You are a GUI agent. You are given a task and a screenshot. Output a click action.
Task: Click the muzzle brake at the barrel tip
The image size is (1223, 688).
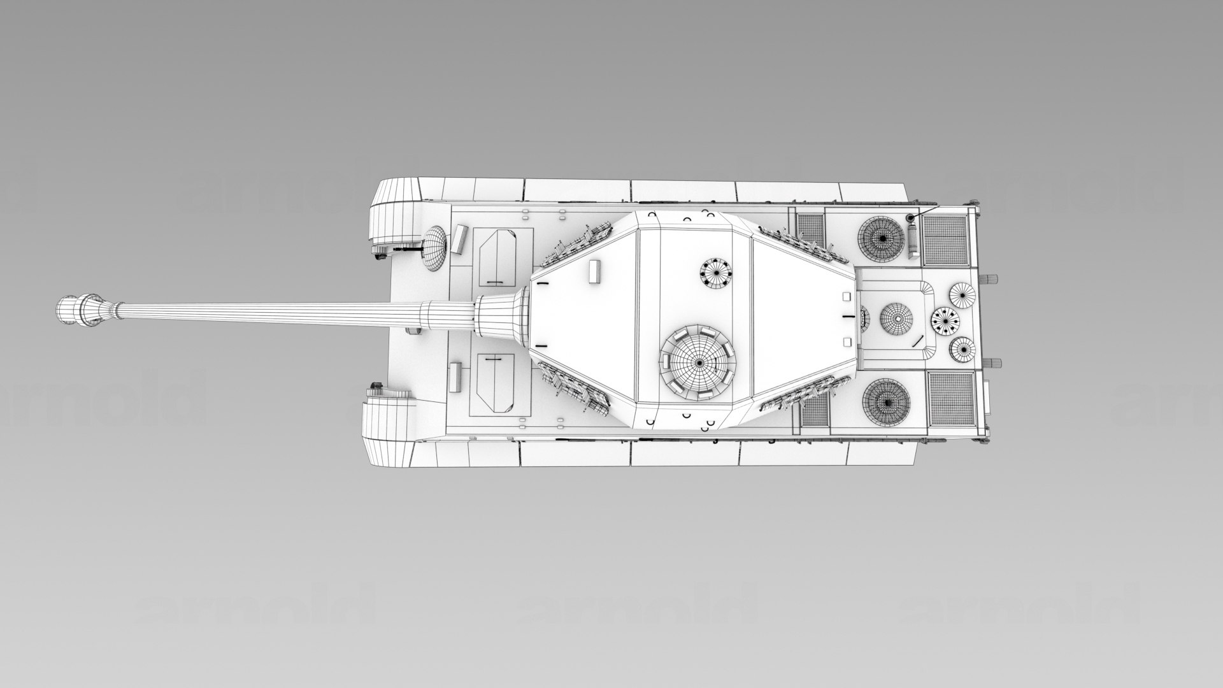coord(82,311)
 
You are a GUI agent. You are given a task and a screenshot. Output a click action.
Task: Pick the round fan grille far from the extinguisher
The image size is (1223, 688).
coord(885,402)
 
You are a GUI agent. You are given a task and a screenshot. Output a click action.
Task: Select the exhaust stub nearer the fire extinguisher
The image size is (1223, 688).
coord(994,278)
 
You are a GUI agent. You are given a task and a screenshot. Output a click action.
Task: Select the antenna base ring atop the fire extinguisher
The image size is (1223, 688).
coord(910,218)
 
